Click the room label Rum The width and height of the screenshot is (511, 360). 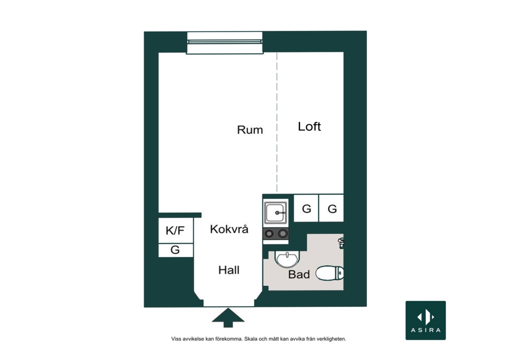point(250,130)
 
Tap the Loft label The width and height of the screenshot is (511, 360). point(309,127)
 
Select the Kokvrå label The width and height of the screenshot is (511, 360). point(229,229)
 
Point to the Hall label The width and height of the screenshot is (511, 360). point(229,270)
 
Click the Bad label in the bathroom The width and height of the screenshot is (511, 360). point(299,274)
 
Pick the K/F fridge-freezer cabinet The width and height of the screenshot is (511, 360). point(176,230)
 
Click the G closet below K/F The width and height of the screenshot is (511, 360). point(176,250)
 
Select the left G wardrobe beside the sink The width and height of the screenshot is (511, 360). point(306,209)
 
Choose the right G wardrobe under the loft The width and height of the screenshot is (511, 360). point(331,209)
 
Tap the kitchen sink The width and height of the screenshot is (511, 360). point(276,213)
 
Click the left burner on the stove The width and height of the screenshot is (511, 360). point(269,233)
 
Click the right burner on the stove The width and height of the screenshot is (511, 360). point(283,233)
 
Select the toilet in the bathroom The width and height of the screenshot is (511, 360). point(330,273)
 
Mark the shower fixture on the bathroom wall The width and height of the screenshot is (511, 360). point(341,243)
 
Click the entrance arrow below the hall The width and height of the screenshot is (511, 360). point(228,318)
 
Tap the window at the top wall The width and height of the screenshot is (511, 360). point(225,43)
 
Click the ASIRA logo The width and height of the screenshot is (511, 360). point(426,320)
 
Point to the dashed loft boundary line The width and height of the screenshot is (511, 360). point(277,122)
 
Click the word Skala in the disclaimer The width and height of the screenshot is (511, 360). point(251,339)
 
